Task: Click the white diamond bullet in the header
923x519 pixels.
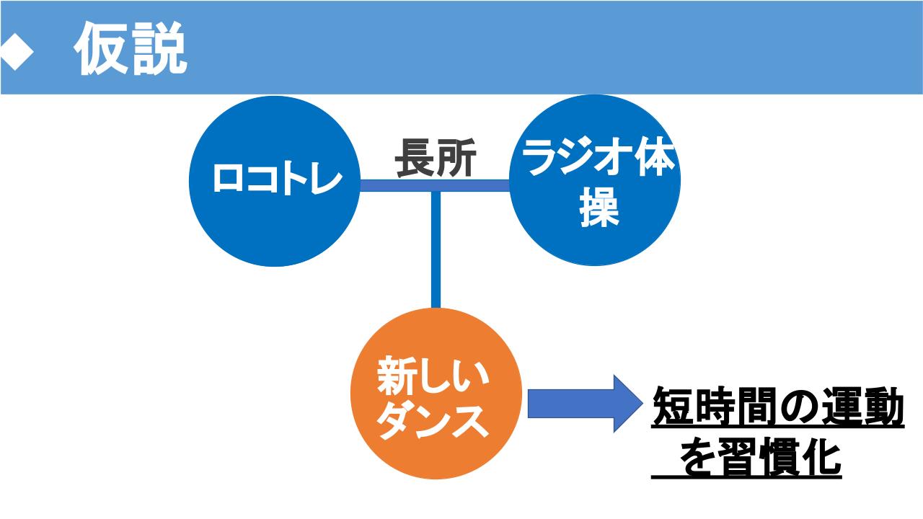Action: [x=17, y=50]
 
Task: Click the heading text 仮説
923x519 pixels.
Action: [x=131, y=48]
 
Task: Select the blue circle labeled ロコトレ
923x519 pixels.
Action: [x=275, y=181]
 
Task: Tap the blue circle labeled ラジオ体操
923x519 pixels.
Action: [x=595, y=180]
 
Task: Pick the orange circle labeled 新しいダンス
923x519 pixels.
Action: [x=436, y=394]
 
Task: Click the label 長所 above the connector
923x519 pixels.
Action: [x=436, y=158]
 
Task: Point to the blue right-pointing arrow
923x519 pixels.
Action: [x=585, y=404]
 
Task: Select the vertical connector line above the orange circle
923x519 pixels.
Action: [x=436, y=250]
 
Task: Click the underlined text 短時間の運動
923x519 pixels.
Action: [x=778, y=407]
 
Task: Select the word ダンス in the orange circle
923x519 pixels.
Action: [x=433, y=421]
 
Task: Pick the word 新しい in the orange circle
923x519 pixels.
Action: [x=433, y=376]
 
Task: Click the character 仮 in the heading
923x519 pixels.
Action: [x=101, y=48]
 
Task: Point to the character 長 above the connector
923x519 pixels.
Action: [x=415, y=158]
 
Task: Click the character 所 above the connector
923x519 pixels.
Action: [x=456, y=158]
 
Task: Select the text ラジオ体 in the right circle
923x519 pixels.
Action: [x=599, y=157]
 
